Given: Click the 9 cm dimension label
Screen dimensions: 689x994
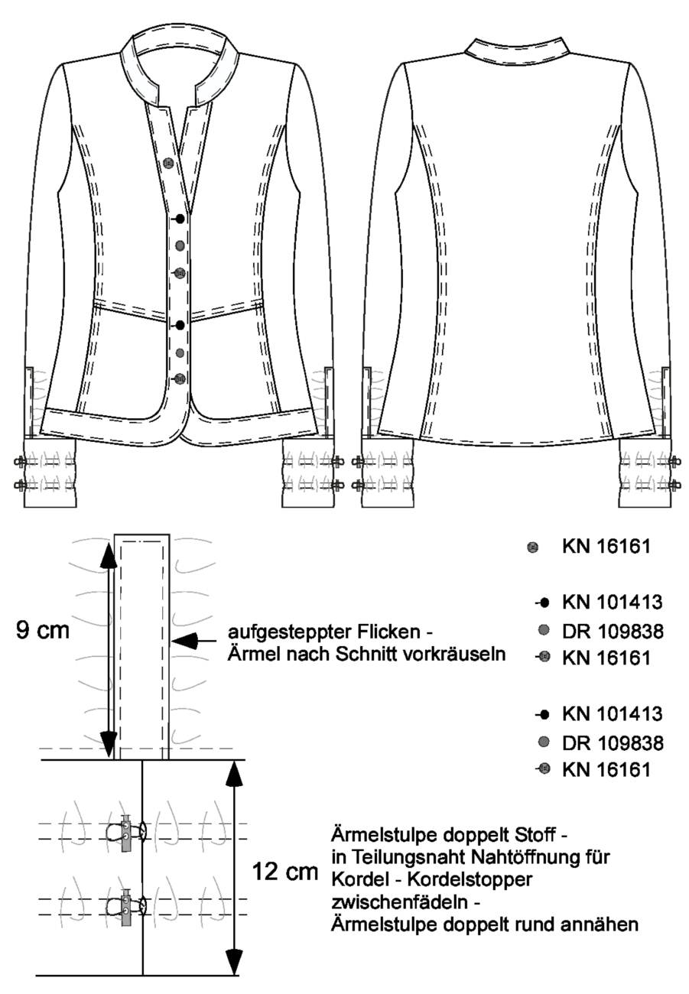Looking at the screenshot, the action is pos(43,631).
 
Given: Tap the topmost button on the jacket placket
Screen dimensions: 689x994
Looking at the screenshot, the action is pos(168,163).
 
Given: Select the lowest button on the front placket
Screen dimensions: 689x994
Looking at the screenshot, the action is pos(180,378).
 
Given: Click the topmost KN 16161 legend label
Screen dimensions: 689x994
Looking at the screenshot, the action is pos(606,546).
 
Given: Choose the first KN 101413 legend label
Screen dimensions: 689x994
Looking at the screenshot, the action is pos(613,603).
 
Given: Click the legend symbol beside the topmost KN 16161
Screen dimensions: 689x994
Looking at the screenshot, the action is pos(533,547).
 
